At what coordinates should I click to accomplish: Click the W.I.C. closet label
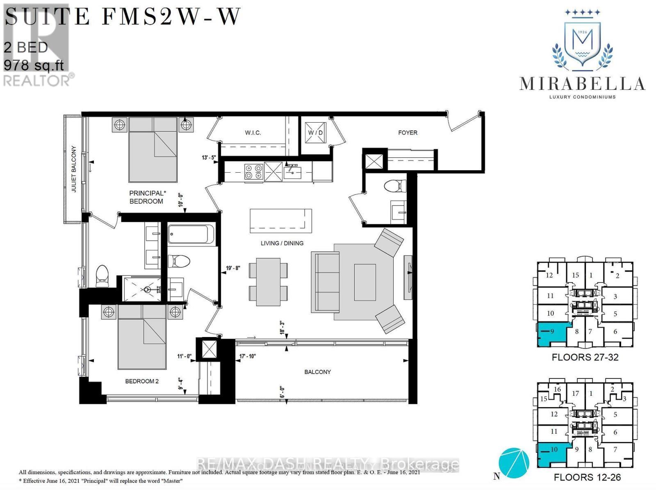[x=253, y=133]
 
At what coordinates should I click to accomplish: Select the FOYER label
[x=407, y=133]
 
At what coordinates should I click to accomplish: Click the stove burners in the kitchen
[x=253, y=171]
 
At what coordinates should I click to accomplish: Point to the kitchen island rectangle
[x=281, y=219]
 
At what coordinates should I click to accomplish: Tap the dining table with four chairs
[x=269, y=281]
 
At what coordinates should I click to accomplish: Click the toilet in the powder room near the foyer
[x=394, y=186]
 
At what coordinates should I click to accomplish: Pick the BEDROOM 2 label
[x=142, y=381]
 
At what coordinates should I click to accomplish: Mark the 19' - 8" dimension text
[x=233, y=269]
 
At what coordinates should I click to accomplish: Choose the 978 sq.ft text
[x=34, y=65]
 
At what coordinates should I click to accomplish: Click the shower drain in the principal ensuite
[x=146, y=289]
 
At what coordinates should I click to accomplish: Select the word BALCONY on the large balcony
[x=317, y=372]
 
